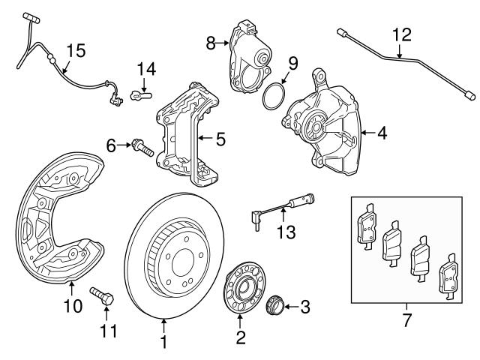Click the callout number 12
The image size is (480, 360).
[401, 34]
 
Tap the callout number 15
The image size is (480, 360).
[76, 51]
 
